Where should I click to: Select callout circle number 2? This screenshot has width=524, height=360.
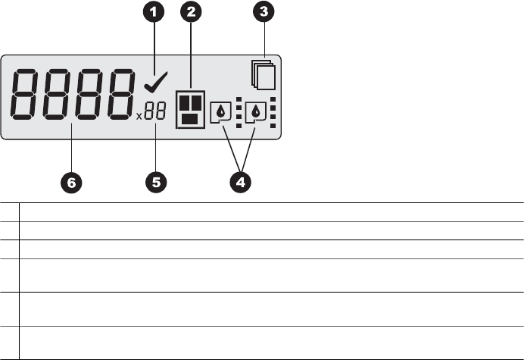point(191,13)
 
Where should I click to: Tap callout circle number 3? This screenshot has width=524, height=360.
point(266,13)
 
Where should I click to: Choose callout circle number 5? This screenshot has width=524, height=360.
point(156,182)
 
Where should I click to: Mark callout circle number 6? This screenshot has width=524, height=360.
point(70,182)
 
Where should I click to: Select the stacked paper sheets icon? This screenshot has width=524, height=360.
point(263,74)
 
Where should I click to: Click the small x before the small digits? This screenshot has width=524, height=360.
point(139,117)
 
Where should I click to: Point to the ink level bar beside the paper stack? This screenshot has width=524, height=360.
point(274,111)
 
